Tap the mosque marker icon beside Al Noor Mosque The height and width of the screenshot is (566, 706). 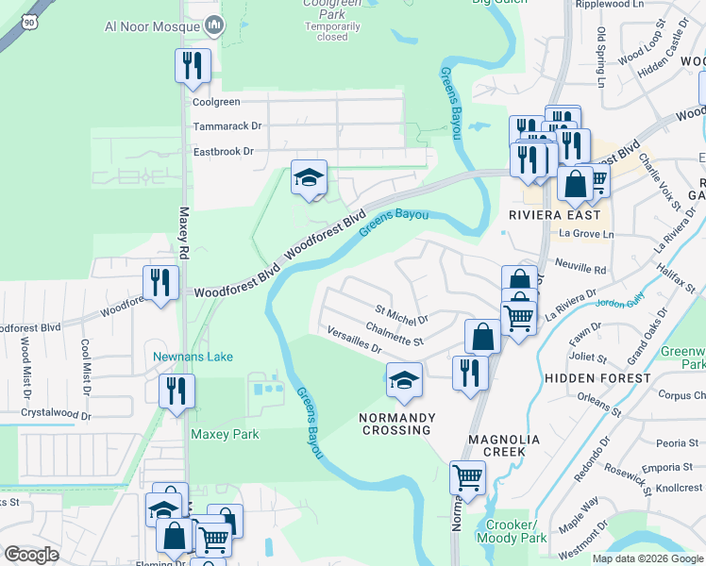click(214, 26)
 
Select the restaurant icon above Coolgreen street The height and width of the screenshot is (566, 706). click(193, 66)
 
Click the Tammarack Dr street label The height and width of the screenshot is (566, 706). click(227, 125)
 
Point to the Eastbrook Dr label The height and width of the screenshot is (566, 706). click(224, 151)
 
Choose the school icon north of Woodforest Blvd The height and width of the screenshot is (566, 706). click(309, 177)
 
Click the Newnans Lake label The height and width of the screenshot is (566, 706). click(193, 357)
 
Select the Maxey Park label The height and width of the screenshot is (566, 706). click(225, 435)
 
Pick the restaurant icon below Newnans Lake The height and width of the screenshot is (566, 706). click(176, 391)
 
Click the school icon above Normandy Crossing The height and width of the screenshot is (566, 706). click(404, 380)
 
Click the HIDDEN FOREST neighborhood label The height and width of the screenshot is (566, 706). click(597, 377)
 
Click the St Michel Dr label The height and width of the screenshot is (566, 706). click(402, 313)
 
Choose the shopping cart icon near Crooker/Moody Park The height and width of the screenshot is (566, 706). click(467, 478)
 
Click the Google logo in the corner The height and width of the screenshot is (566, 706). click(31, 555)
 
